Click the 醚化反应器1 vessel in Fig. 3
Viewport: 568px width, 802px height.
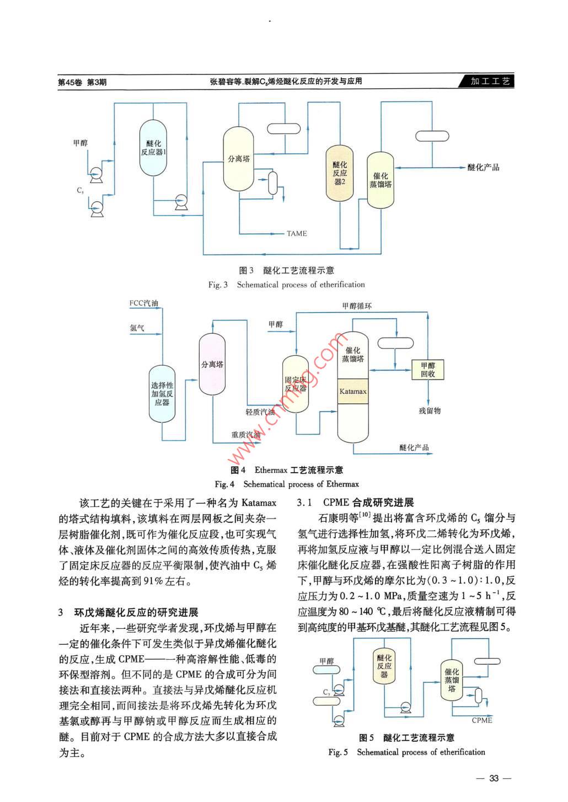153,148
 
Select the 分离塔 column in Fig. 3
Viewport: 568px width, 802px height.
239,159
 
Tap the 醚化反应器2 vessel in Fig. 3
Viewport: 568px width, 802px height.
340,173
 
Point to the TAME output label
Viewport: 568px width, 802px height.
297,234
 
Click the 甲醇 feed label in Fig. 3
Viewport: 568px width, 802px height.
81,143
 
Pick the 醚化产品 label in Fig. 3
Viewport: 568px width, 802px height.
483,167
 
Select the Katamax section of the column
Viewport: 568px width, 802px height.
353,391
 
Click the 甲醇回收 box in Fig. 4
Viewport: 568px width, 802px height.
428,370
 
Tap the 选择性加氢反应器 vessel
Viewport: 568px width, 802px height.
162,394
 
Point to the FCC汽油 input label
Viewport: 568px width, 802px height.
143,303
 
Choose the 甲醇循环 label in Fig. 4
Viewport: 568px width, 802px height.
357,306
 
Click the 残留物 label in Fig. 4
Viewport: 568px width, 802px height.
430,411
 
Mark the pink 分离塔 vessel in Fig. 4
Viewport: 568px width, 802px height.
212,365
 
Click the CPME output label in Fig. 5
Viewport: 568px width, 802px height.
482,720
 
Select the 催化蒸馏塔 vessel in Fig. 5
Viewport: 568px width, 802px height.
452,680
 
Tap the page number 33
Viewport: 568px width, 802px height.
494,778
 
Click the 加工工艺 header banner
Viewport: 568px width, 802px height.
490,81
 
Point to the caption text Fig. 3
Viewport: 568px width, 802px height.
218,285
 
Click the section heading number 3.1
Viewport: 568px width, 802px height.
304,502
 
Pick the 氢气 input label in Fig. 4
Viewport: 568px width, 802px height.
137,328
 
